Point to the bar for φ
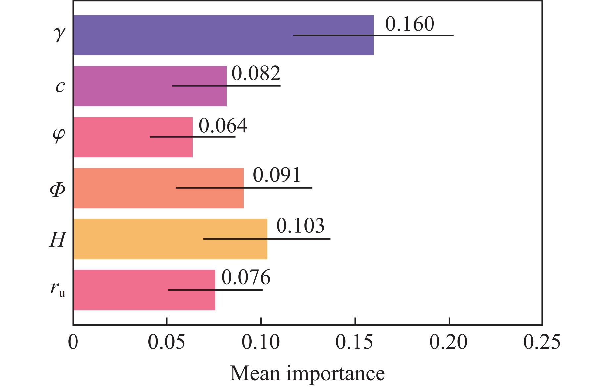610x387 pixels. tap(133, 137)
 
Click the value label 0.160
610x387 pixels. tap(410, 24)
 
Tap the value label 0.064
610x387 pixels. tap(223, 126)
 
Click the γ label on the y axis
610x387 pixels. tap(59, 34)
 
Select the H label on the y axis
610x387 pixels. tap(57, 239)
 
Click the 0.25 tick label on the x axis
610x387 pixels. tap(542, 342)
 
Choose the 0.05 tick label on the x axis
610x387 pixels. tap(167, 342)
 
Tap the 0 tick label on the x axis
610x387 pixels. tap(73, 342)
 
